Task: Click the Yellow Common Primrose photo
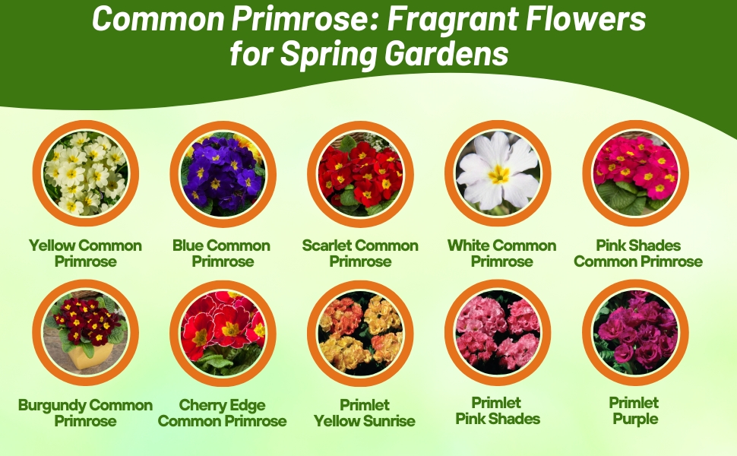(86, 173)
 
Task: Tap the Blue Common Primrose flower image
(223, 174)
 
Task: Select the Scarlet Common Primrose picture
(360, 174)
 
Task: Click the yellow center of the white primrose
(498, 174)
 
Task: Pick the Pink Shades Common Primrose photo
(635, 173)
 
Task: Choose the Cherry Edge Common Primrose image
(223, 334)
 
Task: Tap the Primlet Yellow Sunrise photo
(360, 334)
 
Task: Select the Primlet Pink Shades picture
(498, 333)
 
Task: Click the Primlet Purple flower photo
(635, 333)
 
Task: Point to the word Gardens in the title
(447, 53)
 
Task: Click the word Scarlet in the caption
(327, 245)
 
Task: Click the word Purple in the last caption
(635, 420)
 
